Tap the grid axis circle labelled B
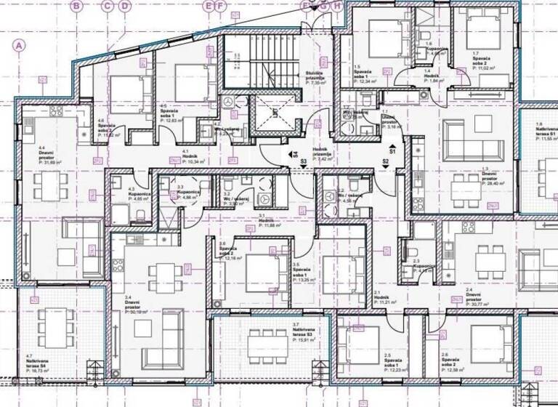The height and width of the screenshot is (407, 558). pos(78,6)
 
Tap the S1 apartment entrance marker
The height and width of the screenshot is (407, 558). pos(392,151)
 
